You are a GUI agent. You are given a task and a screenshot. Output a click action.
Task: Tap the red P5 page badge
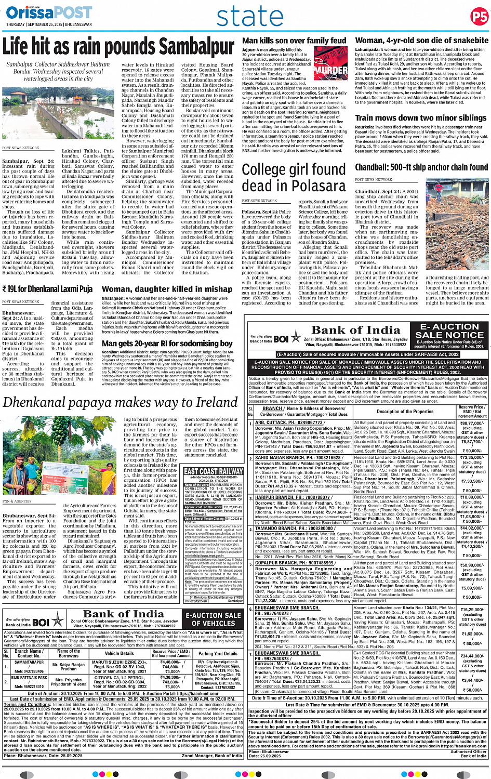click(479, 16)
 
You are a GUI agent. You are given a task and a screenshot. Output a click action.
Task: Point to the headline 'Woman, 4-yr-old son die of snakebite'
click(421, 40)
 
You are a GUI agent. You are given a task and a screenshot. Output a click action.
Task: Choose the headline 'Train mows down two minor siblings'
click(421, 118)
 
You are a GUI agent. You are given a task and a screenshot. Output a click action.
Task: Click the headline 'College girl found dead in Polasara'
click(294, 178)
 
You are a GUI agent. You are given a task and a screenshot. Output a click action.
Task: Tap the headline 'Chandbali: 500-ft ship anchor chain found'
click(421, 167)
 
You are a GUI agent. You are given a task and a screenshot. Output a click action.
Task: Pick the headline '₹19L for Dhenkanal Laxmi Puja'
click(48, 289)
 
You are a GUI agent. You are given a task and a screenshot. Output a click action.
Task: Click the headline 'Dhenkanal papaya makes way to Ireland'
click(120, 403)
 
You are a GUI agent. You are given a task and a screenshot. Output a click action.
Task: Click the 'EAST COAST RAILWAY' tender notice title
click(214, 471)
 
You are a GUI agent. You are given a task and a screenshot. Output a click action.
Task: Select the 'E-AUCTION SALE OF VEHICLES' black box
click(214, 619)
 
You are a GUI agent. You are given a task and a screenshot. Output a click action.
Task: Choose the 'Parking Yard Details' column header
click(218, 654)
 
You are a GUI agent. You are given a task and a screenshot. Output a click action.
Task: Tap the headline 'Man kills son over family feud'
click(294, 41)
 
